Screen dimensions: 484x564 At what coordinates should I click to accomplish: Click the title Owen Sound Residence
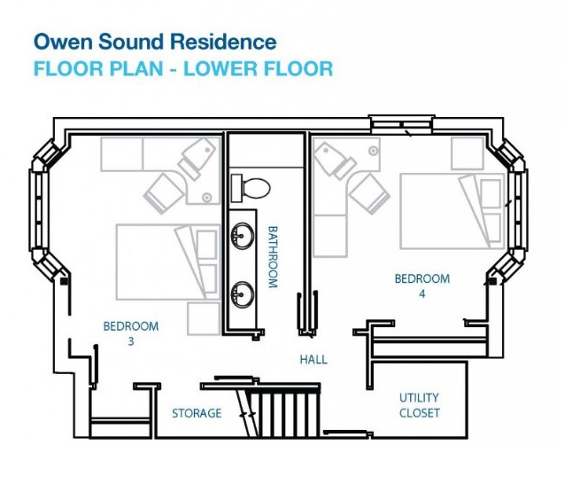(155, 41)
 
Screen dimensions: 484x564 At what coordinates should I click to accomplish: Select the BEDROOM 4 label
(421, 285)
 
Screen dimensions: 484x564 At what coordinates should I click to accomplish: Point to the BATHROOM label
(273, 256)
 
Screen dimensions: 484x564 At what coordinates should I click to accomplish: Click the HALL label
(313, 360)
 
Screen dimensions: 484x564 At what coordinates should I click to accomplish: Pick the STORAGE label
(197, 413)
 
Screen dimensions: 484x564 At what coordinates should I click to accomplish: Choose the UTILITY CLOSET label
(419, 405)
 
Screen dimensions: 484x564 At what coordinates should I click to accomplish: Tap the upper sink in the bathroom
(241, 236)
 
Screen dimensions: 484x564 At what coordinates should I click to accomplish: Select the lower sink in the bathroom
(241, 292)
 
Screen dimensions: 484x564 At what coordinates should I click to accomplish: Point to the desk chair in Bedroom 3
(165, 190)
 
